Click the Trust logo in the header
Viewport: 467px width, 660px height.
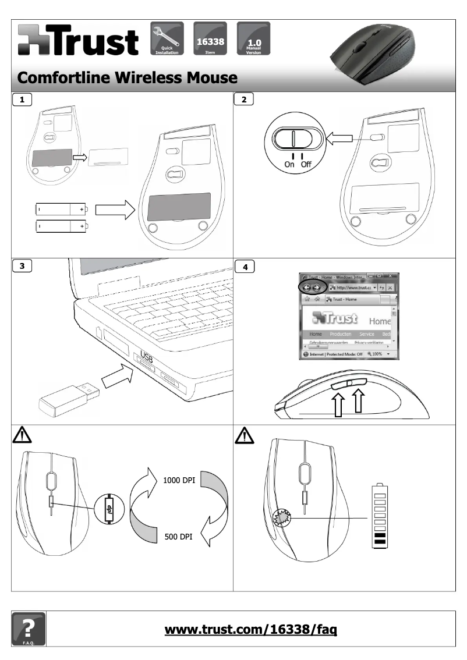point(79,40)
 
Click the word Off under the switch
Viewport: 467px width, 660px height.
point(306,164)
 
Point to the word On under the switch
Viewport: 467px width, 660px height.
point(289,164)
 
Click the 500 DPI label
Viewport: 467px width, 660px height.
point(178,536)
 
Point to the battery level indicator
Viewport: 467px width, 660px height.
point(380,516)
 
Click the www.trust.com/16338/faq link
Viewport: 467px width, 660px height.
point(252,629)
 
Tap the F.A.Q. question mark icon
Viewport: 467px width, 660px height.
point(28,629)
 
